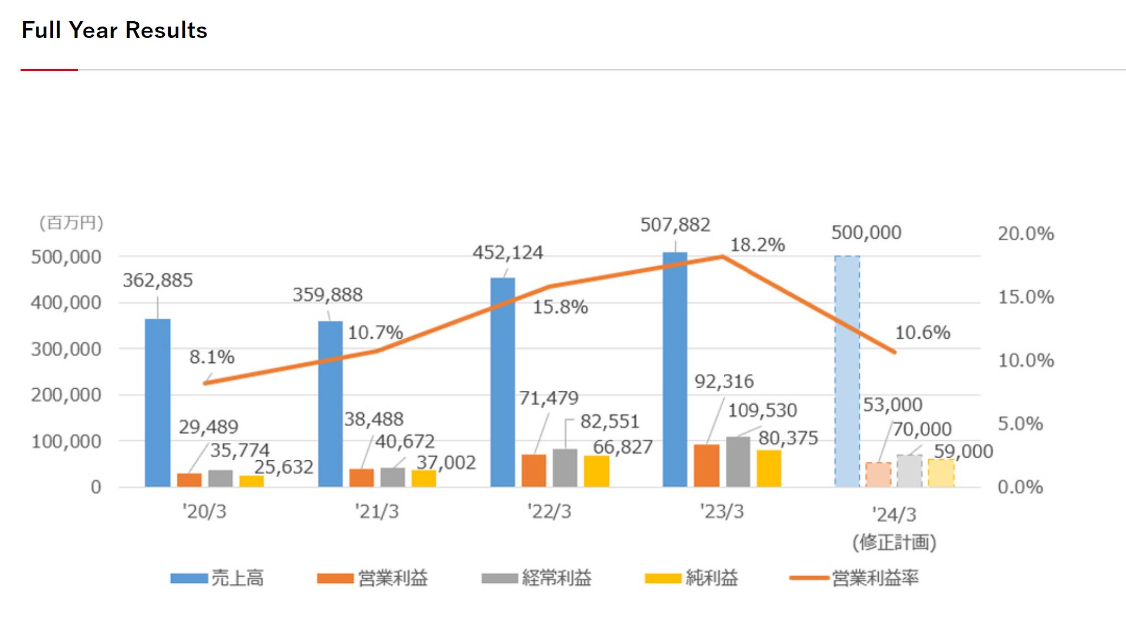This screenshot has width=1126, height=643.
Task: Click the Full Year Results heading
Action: pos(114,30)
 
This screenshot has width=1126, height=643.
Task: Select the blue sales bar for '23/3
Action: pos(675,369)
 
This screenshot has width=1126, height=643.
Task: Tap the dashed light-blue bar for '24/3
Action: pos(847,371)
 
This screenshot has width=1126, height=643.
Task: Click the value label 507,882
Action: pos(675,224)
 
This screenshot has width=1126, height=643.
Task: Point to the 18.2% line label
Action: pos(757,245)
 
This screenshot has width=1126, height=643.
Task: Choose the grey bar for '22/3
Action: pos(565,467)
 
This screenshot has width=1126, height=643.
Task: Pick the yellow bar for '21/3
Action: pos(423,478)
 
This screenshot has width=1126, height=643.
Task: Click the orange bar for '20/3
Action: pos(189,480)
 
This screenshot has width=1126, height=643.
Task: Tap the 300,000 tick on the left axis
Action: pos(66,349)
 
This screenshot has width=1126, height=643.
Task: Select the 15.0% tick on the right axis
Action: pos(1026,297)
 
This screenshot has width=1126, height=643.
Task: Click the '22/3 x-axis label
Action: pos(549,511)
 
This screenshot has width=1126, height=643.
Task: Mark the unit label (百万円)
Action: pos(71,223)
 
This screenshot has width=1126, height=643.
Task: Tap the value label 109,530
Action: pos(762,410)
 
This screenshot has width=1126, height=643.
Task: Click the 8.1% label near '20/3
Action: pos(211,357)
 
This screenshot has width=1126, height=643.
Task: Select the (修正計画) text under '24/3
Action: pos(894,542)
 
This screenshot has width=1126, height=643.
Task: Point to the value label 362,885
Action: pos(157,280)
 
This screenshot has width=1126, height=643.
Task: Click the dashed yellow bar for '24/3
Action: pos(941,473)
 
